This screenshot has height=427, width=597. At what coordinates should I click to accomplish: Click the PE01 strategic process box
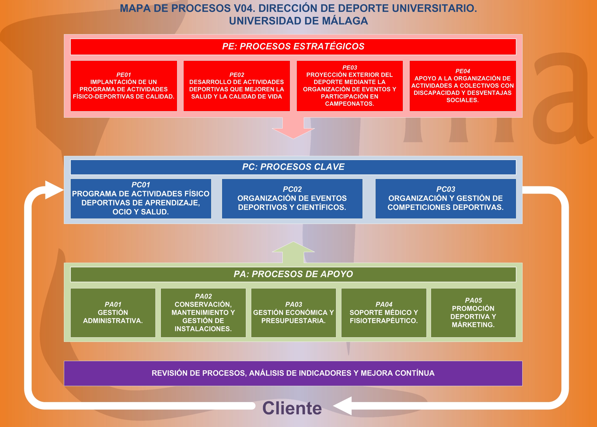tap(124, 86)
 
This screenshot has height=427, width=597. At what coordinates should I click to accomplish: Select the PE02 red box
tap(237, 86)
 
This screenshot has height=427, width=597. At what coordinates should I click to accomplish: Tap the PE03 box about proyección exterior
tap(350, 86)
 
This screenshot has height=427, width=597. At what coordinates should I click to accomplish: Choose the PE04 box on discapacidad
tap(463, 86)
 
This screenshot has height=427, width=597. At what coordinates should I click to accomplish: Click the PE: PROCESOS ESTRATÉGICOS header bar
tap(293, 47)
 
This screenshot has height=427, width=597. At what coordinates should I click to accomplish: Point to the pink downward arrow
tap(293, 128)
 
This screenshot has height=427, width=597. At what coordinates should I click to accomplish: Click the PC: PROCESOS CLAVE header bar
tap(293, 167)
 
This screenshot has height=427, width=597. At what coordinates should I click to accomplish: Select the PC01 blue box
tap(141, 198)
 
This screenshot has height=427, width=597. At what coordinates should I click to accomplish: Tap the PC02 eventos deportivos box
tap(292, 198)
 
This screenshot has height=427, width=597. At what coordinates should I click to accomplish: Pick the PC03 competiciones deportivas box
tap(446, 198)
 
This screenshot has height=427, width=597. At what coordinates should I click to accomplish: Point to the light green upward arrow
tap(293, 252)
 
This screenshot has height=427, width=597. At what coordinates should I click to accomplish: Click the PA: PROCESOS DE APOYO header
tap(293, 274)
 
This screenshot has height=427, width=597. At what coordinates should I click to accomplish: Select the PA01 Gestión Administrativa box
tap(113, 313)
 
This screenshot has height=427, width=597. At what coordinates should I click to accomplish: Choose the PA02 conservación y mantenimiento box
tap(203, 313)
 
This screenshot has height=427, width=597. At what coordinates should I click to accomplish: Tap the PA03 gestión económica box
tap(293, 313)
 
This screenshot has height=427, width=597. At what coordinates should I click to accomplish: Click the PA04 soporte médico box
tap(384, 313)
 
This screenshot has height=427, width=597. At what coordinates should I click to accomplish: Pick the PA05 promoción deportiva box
tap(473, 313)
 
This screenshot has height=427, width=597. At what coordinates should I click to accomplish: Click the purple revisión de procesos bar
tap(293, 373)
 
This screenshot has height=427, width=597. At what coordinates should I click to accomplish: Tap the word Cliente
tap(292, 408)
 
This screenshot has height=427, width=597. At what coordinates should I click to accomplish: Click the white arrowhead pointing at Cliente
tap(342, 406)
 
